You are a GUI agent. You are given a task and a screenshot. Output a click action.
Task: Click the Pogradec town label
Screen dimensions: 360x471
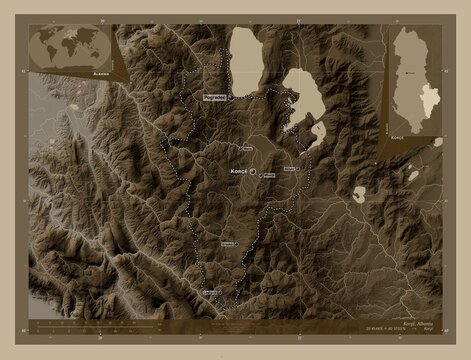pyautogui.click(x=214, y=97)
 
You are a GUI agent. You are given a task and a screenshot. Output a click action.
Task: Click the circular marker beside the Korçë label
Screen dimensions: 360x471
pyautogui.click(x=253, y=172)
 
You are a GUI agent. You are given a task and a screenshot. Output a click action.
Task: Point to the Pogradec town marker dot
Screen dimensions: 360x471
pyautogui.click(x=231, y=98)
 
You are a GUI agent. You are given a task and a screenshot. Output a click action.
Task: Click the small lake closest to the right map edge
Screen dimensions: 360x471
pyautogui.click(x=413, y=176)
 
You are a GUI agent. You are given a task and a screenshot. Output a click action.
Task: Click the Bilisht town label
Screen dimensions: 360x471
pyautogui.click(x=291, y=169)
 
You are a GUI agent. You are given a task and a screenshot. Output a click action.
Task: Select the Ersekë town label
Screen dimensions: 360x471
pyautogui.click(x=230, y=243)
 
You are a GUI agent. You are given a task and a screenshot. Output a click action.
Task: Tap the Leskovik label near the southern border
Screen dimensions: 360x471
pyautogui.click(x=210, y=291)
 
